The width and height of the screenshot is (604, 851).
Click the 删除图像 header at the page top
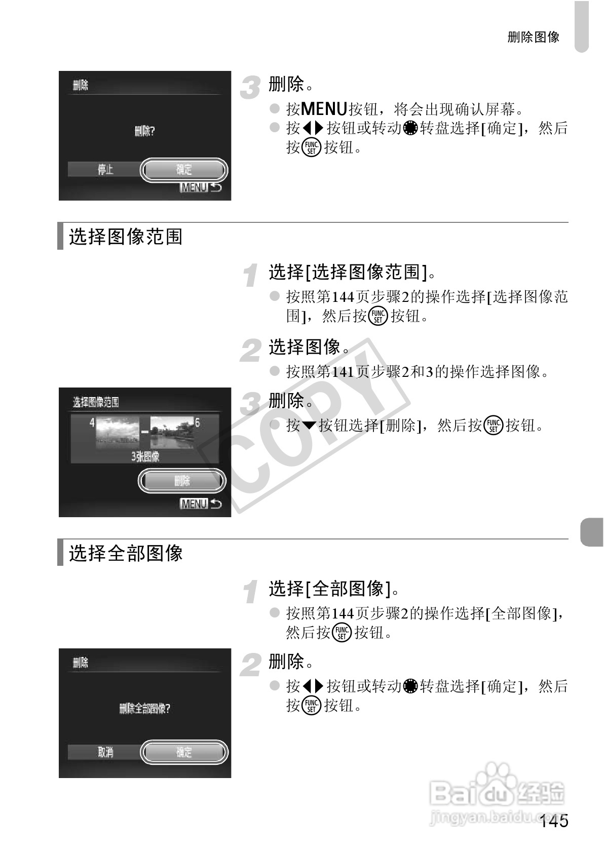point(534,37)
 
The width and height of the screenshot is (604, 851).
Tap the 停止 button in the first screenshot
point(105,170)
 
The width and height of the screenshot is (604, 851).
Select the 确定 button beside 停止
point(184,170)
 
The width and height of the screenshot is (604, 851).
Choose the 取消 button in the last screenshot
point(105,752)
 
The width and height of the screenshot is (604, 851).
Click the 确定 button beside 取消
point(184,752)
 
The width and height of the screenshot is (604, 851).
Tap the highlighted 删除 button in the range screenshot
point(182,481)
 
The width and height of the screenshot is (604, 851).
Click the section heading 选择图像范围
point(125,237)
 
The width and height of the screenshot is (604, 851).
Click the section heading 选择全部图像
point(125,553)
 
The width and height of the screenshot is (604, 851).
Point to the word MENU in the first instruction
point(324,109)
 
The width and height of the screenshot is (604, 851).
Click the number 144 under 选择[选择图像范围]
point(343,296)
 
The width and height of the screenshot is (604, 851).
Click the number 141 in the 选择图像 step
point(343,372)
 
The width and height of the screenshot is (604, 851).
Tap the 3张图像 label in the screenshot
point(145,456)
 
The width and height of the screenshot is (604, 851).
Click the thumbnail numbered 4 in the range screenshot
point(118,433)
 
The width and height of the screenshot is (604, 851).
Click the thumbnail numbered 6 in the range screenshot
point(172,433)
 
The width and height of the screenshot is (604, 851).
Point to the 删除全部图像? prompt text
point(144,708)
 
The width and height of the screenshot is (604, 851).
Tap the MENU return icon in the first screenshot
point(201,187)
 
